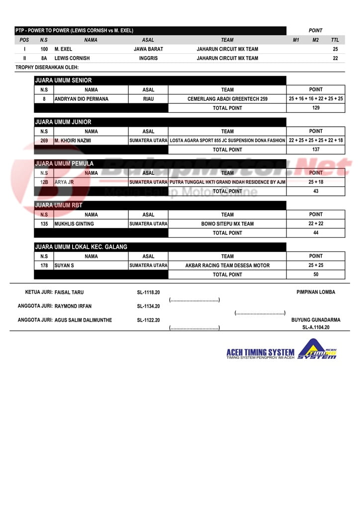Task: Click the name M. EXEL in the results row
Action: pos(63,49)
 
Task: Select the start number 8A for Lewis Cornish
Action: pos(44,58)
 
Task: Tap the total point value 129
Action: pos(316,108)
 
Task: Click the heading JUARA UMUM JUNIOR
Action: pos(63,122)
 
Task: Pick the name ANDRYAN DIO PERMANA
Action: pos(82,99)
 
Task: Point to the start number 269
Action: pos(44,141)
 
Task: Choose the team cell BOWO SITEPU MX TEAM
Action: pos(227,224)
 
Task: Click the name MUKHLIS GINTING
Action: pos(74,224)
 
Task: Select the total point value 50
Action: pos(316,274)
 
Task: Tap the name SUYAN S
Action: pos(64,265)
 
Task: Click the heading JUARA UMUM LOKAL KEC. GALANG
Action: pos(81,247)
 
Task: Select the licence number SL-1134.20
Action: pos(148,306)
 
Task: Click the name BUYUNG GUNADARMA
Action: pos(316,320)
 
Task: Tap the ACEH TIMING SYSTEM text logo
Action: pos(260,352)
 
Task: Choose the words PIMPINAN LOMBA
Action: pos(316,292)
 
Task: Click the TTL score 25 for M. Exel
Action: pos(335,49)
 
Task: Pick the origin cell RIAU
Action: pos(148,99)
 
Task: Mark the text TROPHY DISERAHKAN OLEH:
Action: pos(47,67)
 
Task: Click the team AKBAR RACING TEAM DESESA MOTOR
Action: pos(227,265)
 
